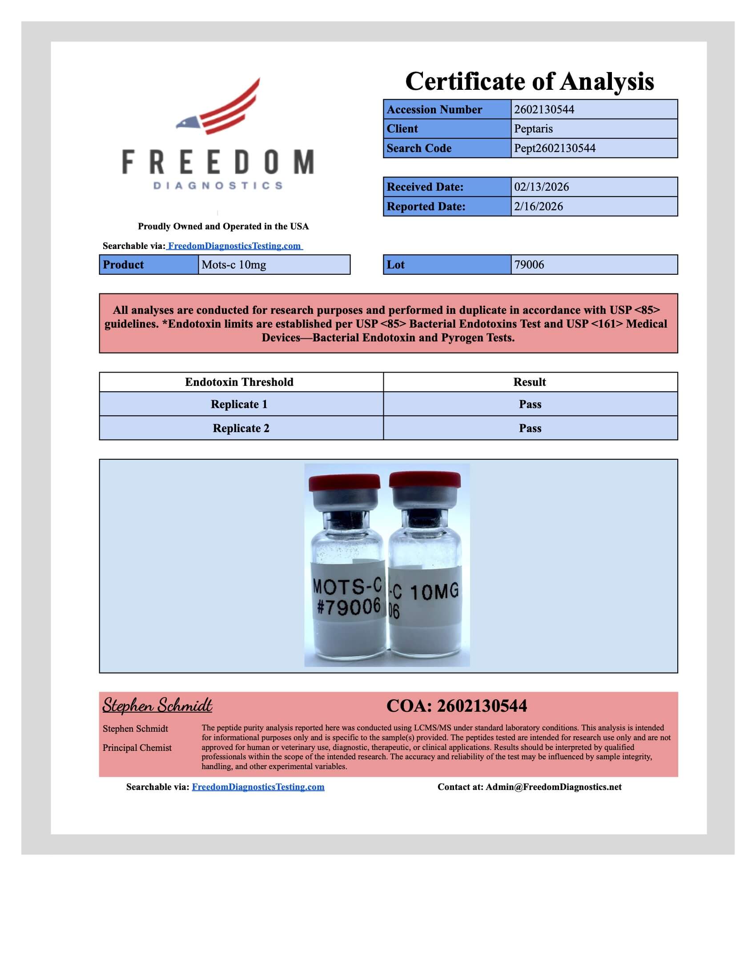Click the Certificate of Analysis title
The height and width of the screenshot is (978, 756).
tap(529, 81)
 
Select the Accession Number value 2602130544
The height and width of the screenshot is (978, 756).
tap(544, 110)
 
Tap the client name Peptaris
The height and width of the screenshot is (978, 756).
tap(533, 129)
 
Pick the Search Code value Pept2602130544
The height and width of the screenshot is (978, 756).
tap(555, 148)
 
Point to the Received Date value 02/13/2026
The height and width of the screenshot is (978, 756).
tap(541, 187)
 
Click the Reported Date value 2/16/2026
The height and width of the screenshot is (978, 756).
tap(539, 206)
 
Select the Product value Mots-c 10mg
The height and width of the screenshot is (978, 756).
tap(233, 265)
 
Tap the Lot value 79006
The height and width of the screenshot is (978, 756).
tap(529, 265)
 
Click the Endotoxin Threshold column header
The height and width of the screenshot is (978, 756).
tap(239, 382)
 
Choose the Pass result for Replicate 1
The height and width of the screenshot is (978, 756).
tap(530, 405)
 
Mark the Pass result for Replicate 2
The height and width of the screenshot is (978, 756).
tap(530, 429)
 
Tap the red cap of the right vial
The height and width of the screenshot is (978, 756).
tap(425, 480)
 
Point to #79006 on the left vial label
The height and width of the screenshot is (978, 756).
tap(349, 607)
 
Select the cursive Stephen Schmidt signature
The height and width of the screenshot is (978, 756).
tap(157, 706)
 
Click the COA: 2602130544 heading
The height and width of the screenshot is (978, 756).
tap(456, 706)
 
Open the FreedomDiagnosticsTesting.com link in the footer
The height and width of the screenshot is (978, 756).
tap(258, 787)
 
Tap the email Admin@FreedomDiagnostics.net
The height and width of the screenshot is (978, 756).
tap(553, 787)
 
